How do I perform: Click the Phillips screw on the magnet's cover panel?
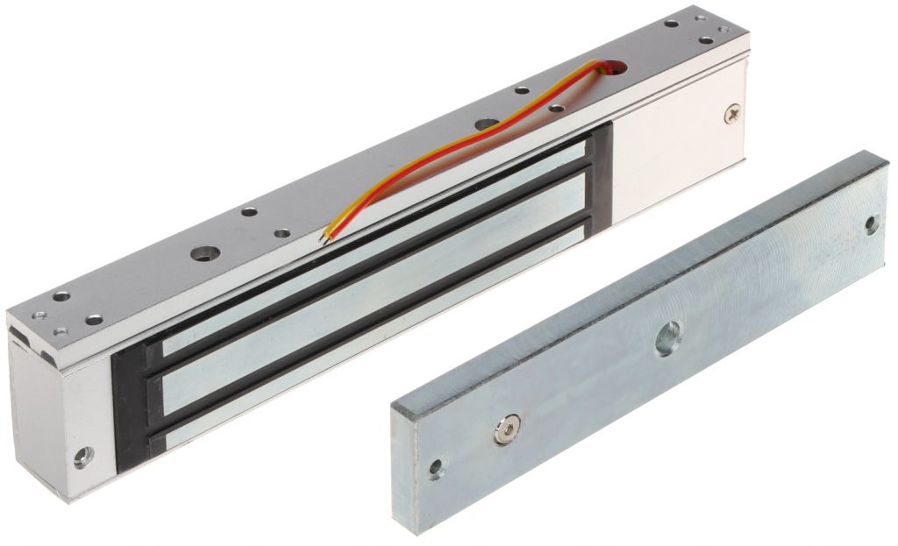coord(733,113)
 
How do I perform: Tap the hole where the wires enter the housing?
coord(613,66)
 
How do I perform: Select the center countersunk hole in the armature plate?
coord(668,337)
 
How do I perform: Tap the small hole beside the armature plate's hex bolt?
coord(436,468)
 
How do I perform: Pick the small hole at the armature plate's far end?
coord(871,223)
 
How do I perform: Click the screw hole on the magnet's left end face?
coord(82,457)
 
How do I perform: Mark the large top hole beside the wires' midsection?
coord(485,124)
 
